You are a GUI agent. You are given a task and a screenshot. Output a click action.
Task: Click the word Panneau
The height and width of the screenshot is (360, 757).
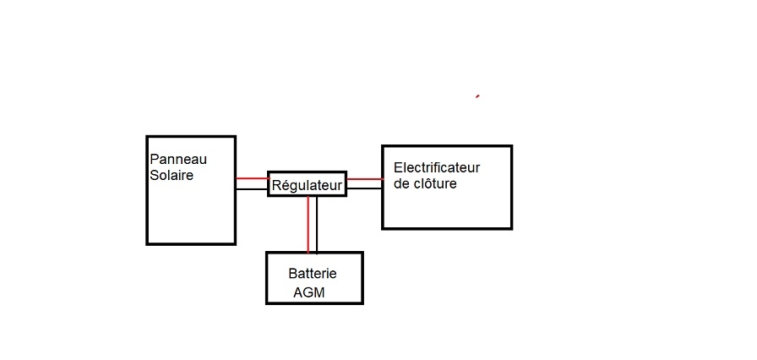pos(177,160)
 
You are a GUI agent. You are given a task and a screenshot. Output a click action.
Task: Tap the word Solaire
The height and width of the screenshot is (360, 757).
pos(172,176)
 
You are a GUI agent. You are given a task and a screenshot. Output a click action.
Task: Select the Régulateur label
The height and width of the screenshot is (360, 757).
pos(307,184)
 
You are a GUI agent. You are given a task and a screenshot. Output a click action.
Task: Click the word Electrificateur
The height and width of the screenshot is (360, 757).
pos(437,168)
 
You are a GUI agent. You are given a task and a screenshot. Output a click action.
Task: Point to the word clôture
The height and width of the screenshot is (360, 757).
pos(435,183)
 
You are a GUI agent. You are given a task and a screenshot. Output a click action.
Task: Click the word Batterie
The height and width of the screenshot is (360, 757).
pos(313,274)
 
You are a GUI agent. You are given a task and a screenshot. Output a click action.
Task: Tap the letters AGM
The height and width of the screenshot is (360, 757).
pos(309,292)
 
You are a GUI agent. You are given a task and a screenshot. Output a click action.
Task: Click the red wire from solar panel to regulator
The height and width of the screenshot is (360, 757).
pos(252,178)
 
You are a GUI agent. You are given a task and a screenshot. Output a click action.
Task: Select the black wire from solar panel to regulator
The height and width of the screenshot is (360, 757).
pos(252,188)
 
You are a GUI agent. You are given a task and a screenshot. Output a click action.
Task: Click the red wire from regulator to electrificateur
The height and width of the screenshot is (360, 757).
pos(364,178)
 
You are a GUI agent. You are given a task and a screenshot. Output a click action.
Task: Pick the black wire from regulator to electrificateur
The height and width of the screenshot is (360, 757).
pos(364,188)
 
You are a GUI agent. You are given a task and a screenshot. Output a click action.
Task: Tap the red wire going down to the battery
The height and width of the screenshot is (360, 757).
pos(308,224)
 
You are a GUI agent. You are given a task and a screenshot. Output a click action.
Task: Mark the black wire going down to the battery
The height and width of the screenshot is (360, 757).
pos(317,224)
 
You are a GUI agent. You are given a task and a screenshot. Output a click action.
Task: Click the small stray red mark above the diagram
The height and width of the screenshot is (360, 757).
pos(477,96)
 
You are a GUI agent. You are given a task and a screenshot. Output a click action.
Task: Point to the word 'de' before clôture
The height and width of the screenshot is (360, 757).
pos(401,183)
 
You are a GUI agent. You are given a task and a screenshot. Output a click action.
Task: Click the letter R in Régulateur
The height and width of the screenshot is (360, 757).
pos(276,184)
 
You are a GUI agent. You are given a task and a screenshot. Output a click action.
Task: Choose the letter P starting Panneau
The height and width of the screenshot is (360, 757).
pos(154,160)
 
